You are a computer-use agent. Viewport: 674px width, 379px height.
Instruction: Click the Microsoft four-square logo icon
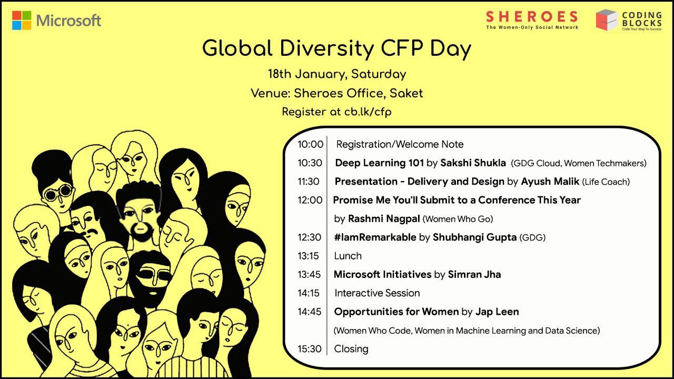(22, 21)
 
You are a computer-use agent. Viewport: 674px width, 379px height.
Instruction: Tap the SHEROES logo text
(532, 17)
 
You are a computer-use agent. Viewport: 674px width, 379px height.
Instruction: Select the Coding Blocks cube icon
(606, 19)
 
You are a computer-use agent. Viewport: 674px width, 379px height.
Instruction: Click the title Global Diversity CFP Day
(336, 48)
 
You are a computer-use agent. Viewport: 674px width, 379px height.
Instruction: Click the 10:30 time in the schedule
(310, 163)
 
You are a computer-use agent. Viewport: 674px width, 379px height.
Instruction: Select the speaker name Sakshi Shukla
(473, 163)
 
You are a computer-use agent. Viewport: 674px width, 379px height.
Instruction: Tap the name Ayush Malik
(550, 182)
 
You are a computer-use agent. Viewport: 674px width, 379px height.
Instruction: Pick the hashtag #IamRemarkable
(375, 237)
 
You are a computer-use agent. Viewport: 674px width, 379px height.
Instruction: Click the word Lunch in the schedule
(348, 256)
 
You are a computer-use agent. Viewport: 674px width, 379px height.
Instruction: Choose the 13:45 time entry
(310, 274)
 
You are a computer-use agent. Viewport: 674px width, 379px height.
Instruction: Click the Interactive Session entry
(377, 293)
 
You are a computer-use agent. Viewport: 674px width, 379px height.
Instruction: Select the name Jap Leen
(497, 312)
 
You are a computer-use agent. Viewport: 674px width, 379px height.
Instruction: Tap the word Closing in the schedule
(351, 348)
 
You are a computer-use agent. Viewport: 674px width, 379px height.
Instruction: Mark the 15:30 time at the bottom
(310, 348)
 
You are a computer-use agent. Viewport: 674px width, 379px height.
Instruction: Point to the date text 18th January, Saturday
(336, 74)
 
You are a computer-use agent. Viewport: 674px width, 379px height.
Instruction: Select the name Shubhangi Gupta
(474, 237)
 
